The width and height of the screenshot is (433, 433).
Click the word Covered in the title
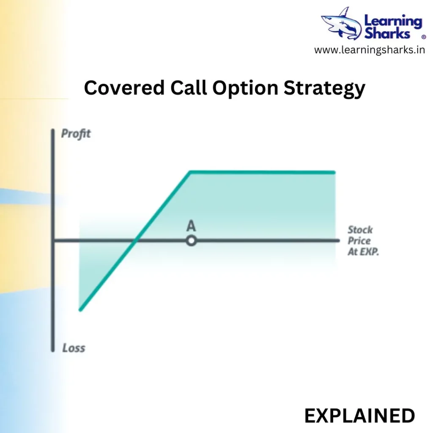pos(124,88)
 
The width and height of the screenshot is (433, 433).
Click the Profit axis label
pos(76,134)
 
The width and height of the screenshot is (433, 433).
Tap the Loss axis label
pos(74,348)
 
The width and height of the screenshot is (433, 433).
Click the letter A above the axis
pos(191,226)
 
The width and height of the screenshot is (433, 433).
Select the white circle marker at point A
pos(191,241)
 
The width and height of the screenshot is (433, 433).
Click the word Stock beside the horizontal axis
pos(360,230)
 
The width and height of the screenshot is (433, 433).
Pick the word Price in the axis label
pos(359,241)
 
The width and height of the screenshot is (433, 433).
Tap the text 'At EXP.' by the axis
pos(363,252)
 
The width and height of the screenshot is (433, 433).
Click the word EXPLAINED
pos(359,416)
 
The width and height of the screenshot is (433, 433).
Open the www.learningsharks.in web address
pos(370,50)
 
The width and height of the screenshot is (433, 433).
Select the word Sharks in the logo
pos(387,34)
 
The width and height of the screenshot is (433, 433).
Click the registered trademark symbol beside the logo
pos(424,37)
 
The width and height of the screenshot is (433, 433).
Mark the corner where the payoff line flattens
pos(190,172)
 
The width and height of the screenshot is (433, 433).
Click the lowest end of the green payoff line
pos(80,310)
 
